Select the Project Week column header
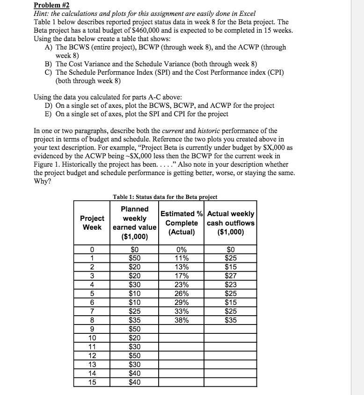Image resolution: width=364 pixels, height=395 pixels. [x=92, y=223]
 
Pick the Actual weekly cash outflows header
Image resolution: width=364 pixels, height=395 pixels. [x=231, y=223]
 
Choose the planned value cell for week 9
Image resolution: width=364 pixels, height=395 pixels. [x=135, y=329]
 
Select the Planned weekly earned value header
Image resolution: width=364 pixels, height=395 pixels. [x=135, y=223]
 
